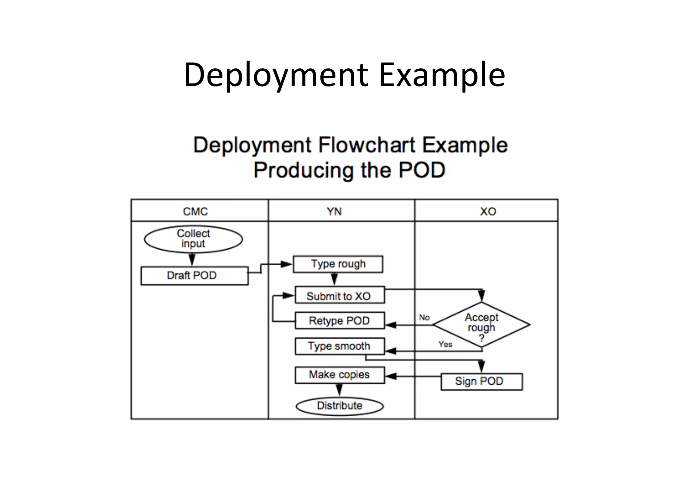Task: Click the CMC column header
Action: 195,211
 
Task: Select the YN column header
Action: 334,211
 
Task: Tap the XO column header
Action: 488,211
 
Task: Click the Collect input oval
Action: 193,239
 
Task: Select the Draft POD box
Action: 194,276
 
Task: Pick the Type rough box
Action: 338,264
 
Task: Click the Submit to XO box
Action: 339,295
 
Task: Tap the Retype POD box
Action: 339,320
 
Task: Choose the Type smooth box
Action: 339,346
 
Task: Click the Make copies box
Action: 339,375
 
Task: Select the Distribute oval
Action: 339,406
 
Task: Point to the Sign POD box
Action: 481,381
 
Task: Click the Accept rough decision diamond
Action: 481,325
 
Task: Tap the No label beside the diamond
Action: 424,317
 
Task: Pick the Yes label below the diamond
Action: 445,344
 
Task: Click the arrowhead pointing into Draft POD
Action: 192,260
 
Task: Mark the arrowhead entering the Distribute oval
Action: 339,391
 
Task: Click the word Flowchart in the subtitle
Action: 366,145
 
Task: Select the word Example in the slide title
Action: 442,75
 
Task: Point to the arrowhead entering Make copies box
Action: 390,376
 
